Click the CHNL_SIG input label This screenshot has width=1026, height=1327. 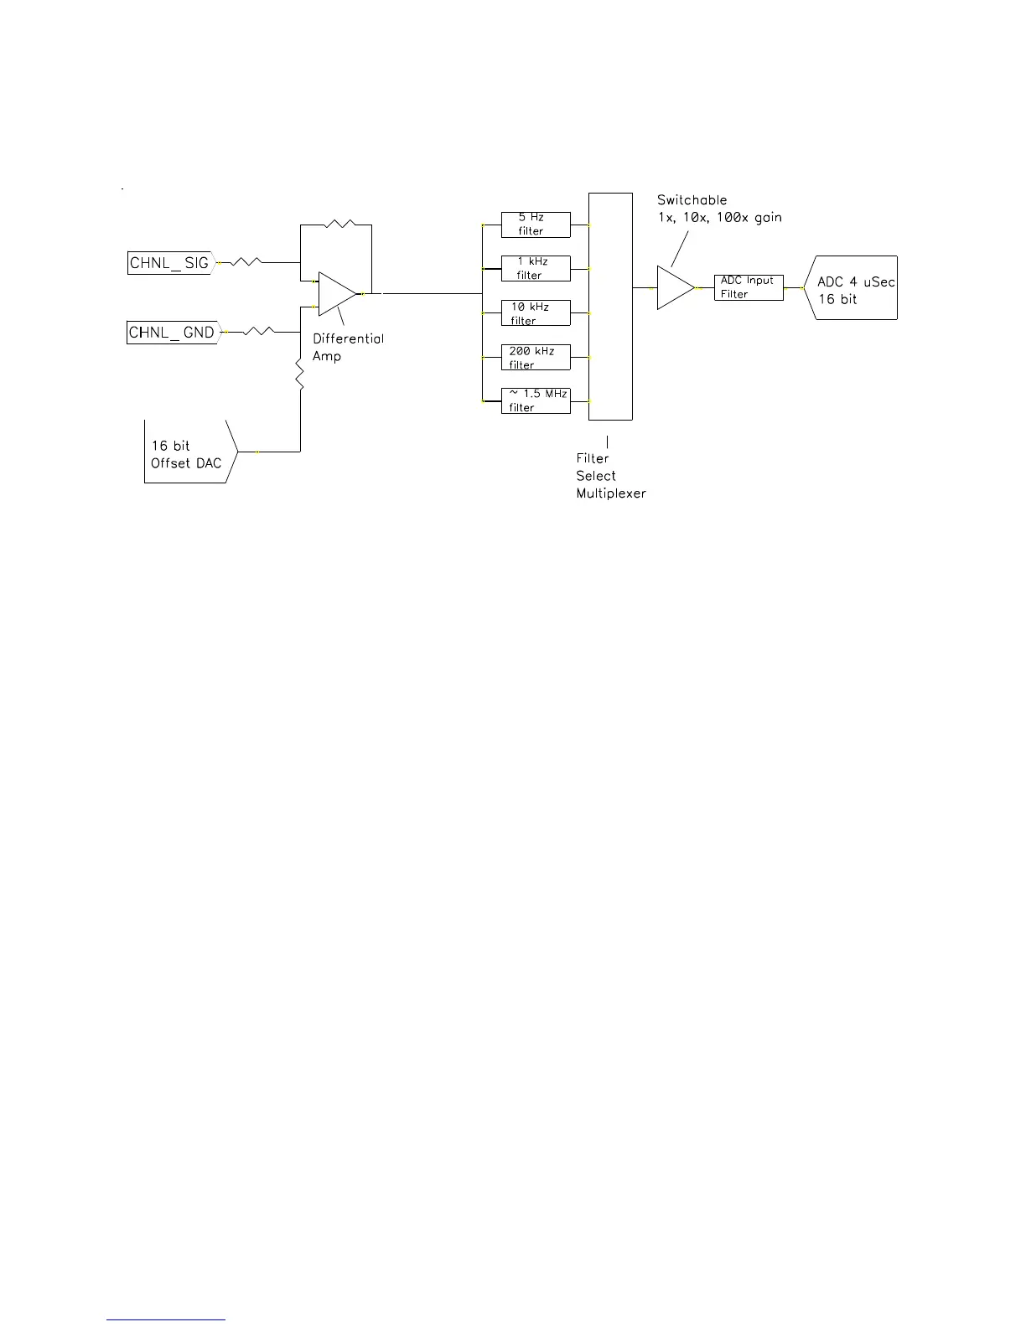pos(169,263)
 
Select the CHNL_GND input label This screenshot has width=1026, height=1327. pos(172,333)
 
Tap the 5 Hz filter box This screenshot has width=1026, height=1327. pos(536,225)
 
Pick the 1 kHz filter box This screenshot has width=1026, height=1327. pos(536,269)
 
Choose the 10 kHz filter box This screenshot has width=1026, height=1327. pos(536,313)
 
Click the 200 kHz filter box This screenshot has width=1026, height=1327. pos(536,358)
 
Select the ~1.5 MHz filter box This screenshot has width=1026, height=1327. pos(536,400)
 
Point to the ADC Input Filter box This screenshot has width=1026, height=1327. pos(749,287)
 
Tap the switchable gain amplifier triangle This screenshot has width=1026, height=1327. pos(674,287)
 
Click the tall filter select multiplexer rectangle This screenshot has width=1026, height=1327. pos(610,306)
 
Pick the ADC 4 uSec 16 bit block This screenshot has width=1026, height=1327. pos(853,288)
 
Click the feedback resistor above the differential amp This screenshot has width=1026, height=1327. pos(340,224)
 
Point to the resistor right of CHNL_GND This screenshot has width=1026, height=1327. pos(258,332)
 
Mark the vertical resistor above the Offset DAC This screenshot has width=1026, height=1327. pos(300,373)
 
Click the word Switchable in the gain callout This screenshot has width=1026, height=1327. pos(692,200)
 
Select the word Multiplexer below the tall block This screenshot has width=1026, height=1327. pos(611,493)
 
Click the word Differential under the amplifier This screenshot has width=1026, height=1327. pos(348,338)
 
